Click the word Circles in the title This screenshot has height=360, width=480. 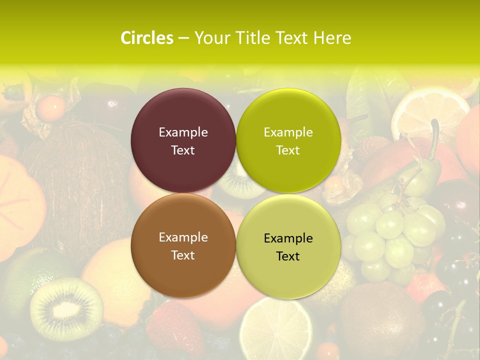coord(147,38)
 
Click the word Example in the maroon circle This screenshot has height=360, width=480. coord(183,132)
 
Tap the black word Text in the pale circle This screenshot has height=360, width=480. coord(288,256)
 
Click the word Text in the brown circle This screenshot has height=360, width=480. coord(183,255)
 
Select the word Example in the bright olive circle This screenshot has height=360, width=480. coord(288,132)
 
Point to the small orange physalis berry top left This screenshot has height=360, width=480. coord(52,107)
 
